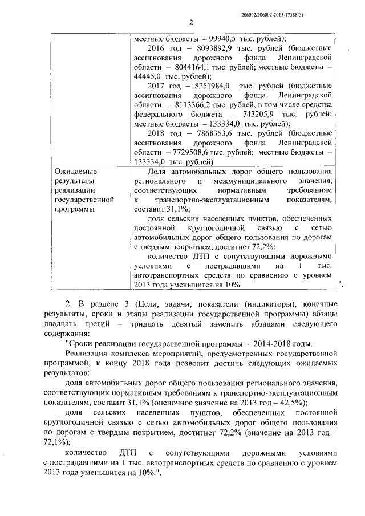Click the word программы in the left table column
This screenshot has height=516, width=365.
[x=72, y=209]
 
